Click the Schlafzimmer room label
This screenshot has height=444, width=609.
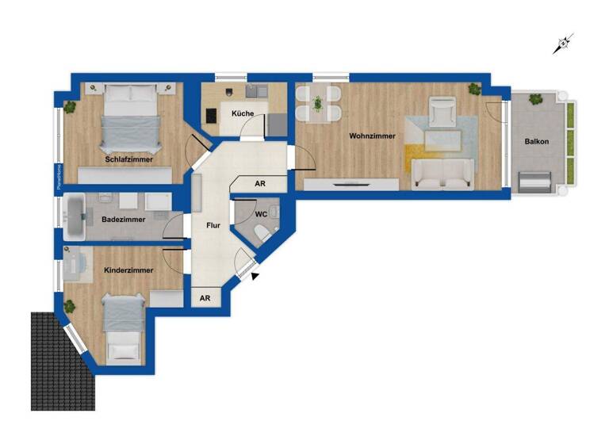coord(128,159)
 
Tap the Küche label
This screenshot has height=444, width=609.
coord(243,113)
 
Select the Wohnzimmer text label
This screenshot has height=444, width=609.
coord(372,136)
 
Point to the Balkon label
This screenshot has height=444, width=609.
coord(536,142)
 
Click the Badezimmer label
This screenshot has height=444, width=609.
coord(123,218)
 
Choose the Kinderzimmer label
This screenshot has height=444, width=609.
coord(128,270)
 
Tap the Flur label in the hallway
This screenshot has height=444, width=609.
coord(213,226)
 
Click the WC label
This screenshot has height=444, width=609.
coord(261,214)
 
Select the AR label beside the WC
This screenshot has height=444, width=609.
coord(259,183)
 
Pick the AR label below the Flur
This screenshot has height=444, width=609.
coord(205,298)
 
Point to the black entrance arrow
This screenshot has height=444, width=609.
coord(255,275)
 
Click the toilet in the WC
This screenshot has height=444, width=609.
coord(262,232)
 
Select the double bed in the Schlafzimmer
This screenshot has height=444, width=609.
coord(131,119)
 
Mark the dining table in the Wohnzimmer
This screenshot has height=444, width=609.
coord(317,105)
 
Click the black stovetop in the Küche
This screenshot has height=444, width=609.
coord(212,116)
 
